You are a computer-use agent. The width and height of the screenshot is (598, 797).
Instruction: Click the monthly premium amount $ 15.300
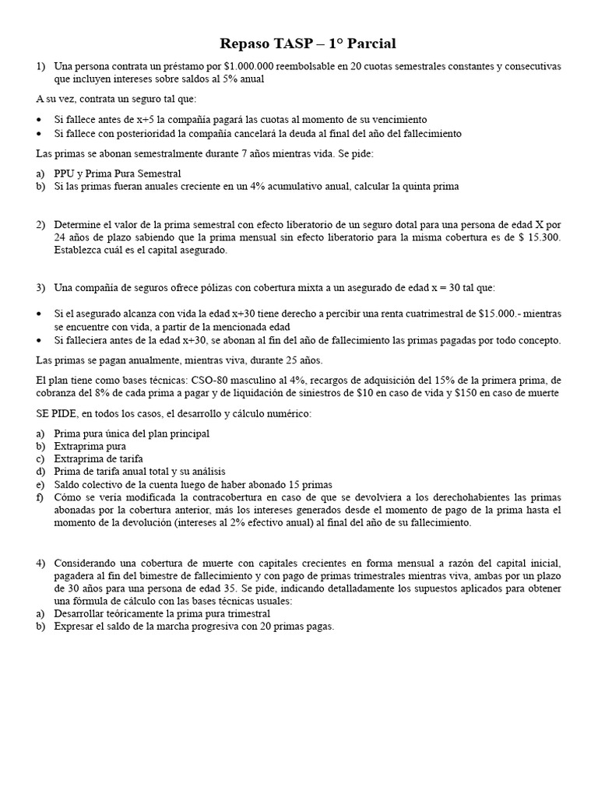pyautogui.click(x=540, y=237)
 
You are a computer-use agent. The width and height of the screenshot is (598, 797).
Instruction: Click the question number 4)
pyautogui.click(x=41, y=563)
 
